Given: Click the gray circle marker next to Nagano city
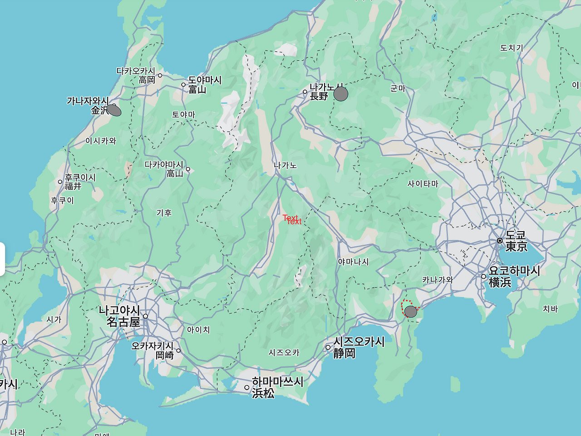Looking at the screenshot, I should (x=341, y=94).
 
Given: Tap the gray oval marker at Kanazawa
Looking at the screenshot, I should (x=114, y=110).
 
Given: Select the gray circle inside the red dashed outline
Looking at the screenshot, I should (x=410, y=312).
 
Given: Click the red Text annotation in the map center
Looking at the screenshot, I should (x=292, y=220).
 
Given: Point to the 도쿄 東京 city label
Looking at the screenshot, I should (x=516, y=241).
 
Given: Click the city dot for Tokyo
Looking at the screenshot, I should (x=500, y=241).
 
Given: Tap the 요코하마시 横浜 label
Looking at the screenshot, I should (x=514, y=276).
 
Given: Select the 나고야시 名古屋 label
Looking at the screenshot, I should (x=119, y=316).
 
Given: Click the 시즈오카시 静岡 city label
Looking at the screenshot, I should (x=359, y=347).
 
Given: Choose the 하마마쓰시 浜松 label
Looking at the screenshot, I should (x=277, y=387).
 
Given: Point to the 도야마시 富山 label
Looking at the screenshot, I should (x=205, y=84).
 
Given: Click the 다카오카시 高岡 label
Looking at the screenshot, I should (x=136, y=75).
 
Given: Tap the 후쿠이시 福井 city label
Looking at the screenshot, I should (x=80, y=182).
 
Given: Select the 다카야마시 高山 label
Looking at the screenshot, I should (x=164, y=169).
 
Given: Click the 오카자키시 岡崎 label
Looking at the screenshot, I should (x=153, y=350).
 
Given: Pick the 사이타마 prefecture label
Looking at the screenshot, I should (x=423, y=183).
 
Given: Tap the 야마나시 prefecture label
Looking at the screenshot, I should (x=353, y=262).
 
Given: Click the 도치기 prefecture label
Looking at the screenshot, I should (x=512, y=48).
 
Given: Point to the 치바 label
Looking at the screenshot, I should (x=550, y=309).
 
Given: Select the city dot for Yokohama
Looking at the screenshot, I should (x=483, y=276).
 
